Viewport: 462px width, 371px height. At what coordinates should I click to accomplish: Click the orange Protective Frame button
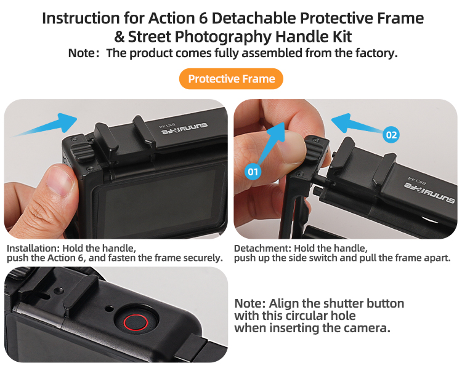point(231,79)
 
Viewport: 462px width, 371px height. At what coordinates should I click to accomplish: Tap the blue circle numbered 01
point(253,172)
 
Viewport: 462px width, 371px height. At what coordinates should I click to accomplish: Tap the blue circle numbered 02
point(391,135)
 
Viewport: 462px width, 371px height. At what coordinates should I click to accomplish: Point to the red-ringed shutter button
point(136,322)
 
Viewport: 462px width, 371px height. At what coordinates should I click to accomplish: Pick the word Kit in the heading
point(342,37)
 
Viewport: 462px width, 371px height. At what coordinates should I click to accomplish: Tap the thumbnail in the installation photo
point(60,183)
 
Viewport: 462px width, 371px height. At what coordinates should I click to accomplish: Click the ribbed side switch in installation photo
point(81,151)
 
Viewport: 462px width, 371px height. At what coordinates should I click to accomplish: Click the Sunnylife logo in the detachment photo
point(429,193)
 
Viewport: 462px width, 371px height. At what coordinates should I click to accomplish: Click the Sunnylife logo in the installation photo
point(184,129)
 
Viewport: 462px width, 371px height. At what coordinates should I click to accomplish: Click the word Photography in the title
point(223,38)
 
